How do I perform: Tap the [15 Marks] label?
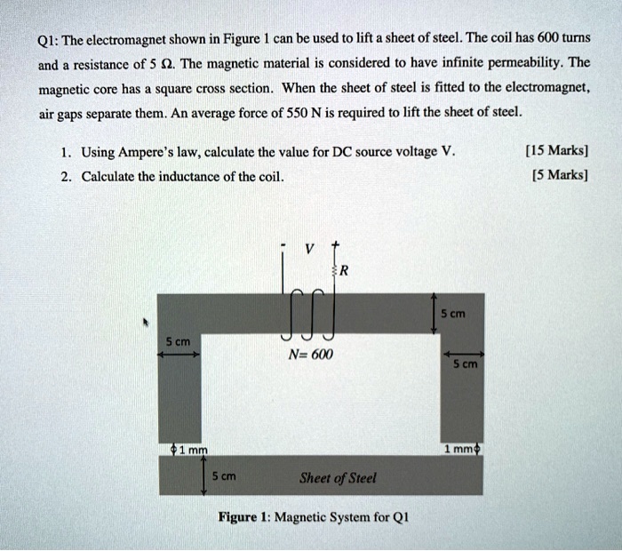pyautogui.click(x=556, y=151)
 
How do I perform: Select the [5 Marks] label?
pyautogui.click(x=559, y=175)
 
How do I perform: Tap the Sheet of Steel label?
pyautogui.click(x=338, y=477)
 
